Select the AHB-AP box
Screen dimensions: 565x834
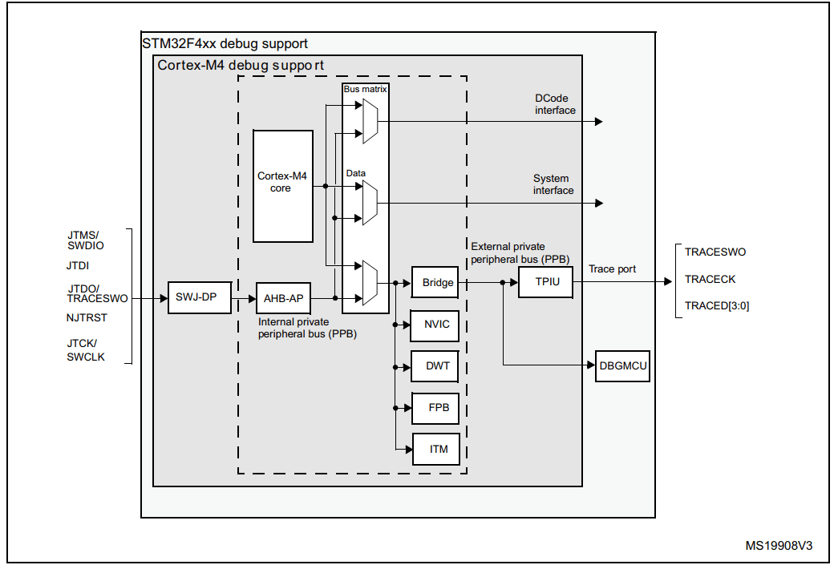(283, 298)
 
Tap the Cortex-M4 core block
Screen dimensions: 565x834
(282, 186)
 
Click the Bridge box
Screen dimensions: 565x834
(437, 283)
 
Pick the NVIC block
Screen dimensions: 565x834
(437, 325)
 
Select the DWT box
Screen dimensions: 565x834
(437, 366)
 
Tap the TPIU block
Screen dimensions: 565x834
(545, 282)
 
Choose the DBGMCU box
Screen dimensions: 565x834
(622, 366)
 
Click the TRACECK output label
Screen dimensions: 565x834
(710, 280)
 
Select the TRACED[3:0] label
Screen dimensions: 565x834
(717, 305)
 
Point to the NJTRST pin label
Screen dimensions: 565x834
(87, 317)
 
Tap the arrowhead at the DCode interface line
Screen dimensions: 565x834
(598, 122)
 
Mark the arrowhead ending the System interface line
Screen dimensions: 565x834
(598, 203)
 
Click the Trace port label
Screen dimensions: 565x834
(612, 269)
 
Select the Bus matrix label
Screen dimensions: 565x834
(365, 89)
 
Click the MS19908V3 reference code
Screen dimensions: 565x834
(779, 546)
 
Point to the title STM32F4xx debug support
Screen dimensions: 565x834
(225, 43)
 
